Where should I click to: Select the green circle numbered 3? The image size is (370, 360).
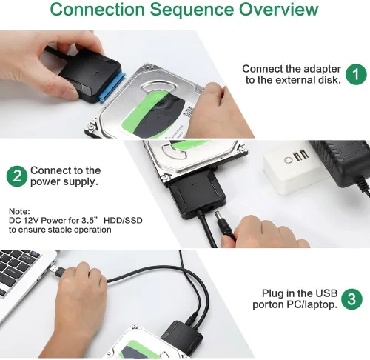[x=354, y=299]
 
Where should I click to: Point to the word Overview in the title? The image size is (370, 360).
[x=269, y=11]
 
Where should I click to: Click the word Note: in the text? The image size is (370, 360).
[x=20, y=211]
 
